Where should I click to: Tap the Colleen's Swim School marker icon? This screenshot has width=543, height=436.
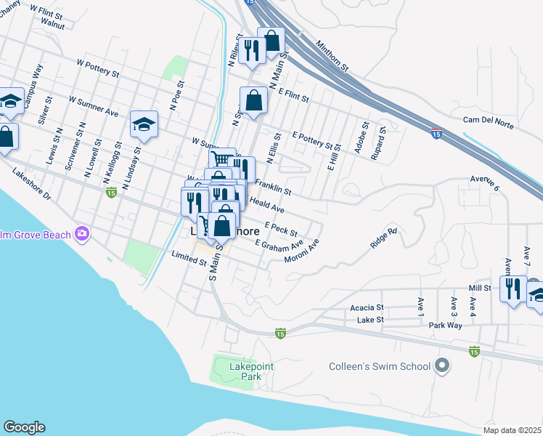[x=442, y=367]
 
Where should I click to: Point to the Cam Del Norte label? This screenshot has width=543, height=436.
[x=488, y=122]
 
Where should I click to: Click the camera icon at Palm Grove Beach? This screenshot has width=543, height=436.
[x=82, y=233]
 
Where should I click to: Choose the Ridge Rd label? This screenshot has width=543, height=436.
[x=383, y=238]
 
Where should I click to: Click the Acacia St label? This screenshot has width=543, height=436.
[x=367, y=307]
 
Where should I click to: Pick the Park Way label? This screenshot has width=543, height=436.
[x=445, y=326]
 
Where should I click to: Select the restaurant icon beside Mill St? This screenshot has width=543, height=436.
[x=513, y=288]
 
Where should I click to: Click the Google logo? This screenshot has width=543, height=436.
[x=24, y=427]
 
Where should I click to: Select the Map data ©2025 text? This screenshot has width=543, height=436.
[x=513, y=430]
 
